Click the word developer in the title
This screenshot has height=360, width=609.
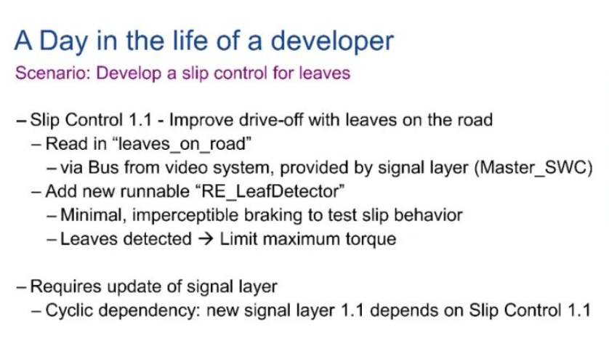click(x=332, y=41)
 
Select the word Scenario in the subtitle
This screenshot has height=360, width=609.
click(x=53, y=73)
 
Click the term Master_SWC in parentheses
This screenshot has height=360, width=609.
click(x=533, y=167)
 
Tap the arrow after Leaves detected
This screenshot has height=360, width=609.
click(x=206, y=239)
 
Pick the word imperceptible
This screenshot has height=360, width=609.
click(x=185, y=215)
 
